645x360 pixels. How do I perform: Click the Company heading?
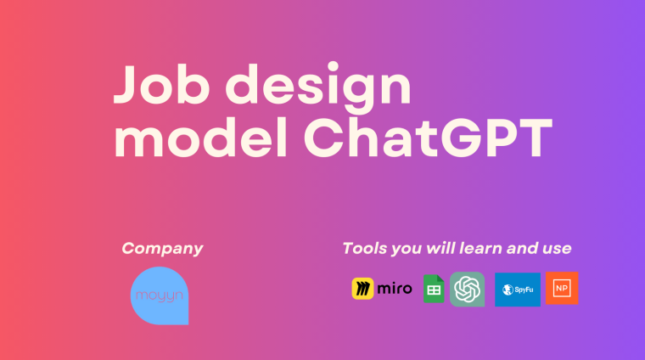162,249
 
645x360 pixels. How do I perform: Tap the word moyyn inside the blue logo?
160,295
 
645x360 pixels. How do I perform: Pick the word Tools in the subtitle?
364,249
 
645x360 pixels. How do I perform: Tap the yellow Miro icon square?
363,289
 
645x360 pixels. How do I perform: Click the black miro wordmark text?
395,289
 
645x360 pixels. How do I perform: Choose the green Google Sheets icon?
434,289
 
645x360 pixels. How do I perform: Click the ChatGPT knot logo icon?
468,289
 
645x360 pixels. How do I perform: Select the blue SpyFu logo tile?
518,289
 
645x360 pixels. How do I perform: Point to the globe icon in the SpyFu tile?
506,289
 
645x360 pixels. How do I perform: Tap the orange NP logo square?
562,289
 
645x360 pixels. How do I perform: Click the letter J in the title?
127,87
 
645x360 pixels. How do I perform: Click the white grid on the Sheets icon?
434,291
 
